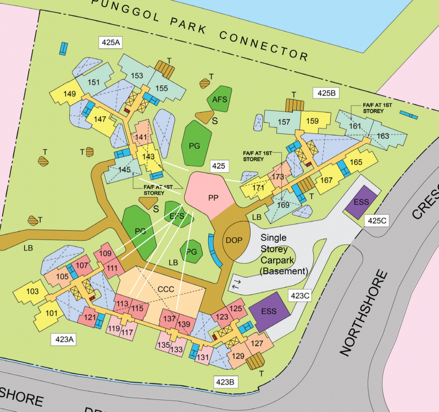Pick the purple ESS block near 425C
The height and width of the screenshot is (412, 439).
pyautogui.click(x=361, y=202)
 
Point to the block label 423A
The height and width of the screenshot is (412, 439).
pyautogui.click(x=64, y=339)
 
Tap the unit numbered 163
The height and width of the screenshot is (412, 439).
pyautogui.click(x=383, y=136)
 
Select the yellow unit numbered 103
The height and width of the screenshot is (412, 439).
pyautogui.click(x=33, y=291)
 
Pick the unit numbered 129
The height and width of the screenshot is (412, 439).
pyautogui.click(x=239, y=356)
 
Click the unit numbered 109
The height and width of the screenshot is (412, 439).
pyautogui.click(x=105, y=254)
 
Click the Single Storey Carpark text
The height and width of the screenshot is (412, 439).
pyautogui.click(x=284, y=254)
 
